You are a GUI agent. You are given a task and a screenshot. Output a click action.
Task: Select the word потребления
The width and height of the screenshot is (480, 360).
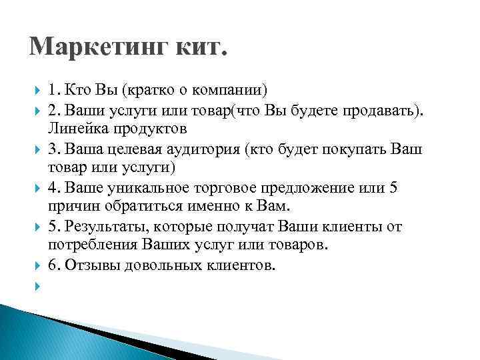[x=91, y=245]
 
